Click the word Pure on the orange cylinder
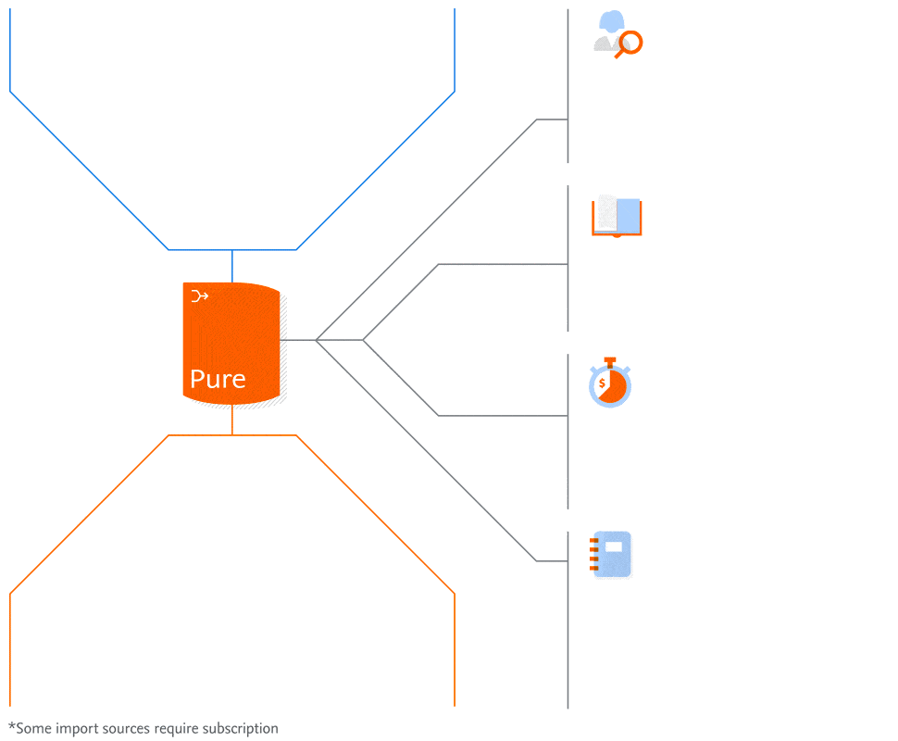pos(218,379)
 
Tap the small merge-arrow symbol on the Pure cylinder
pos(199,296)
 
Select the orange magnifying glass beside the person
pos(630,43)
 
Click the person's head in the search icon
pos(611,22)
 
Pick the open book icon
pos(617,217)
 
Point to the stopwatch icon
pos(610,383)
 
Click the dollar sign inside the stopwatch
pos(602,383)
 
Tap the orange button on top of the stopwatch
pos(609,360)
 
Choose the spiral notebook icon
pos(612,555)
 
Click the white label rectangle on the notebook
pos(614,546)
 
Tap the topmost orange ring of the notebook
pos(594,539)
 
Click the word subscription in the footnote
pos(241,729)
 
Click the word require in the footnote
pos(178,729)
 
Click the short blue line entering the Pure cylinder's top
pos(231,266)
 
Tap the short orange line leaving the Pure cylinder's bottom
pos(231,421)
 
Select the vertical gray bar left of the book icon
pos(567,258)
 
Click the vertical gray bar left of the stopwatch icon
pos(567,431)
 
